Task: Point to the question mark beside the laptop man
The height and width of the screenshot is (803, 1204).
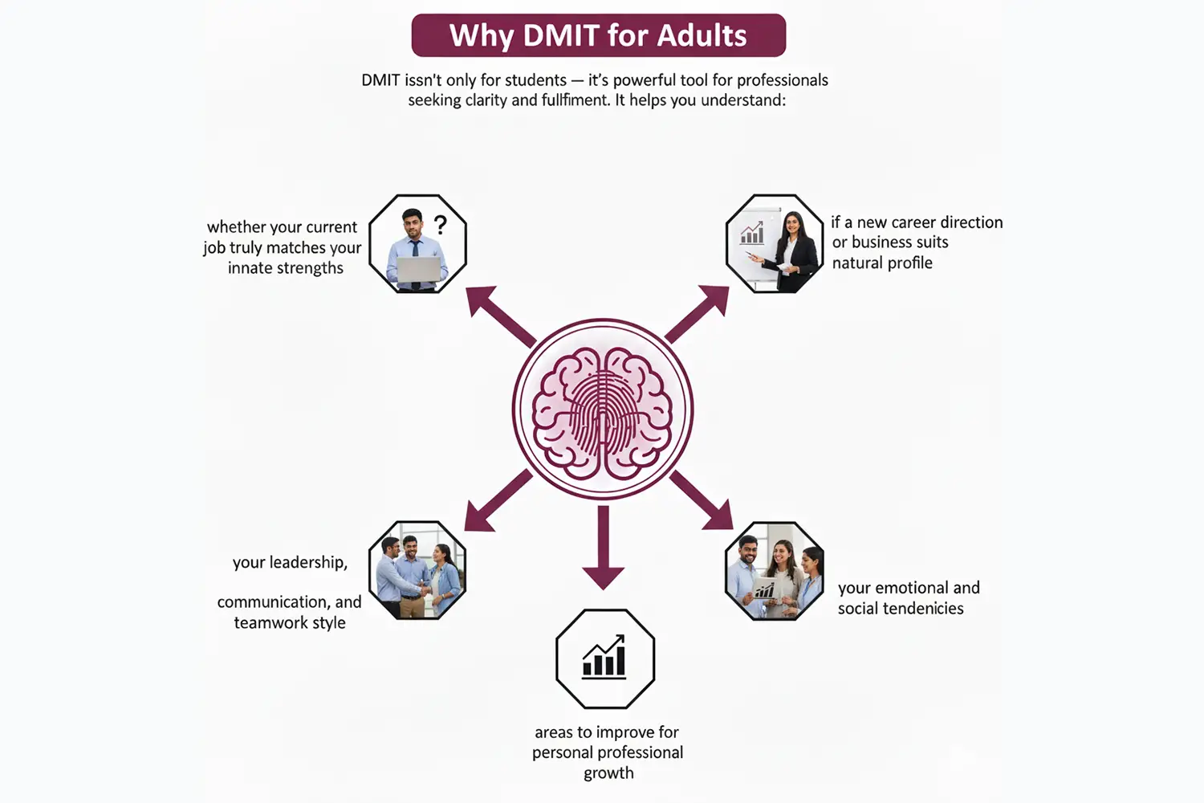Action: (x=440, y=224)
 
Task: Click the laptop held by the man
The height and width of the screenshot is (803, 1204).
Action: (x=418, y=269)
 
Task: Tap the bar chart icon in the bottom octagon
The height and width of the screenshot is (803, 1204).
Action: (x=604, y=658)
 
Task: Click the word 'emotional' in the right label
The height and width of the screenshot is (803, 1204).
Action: (x=909, y=588)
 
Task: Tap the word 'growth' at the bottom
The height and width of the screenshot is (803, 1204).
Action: (x=608, y=773)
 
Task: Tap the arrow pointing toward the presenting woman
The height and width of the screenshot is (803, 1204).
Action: (x=698, y=313)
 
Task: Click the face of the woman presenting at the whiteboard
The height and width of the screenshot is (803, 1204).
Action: (x=791, y=224)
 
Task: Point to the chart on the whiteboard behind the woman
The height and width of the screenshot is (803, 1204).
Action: (x=752, y=233)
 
